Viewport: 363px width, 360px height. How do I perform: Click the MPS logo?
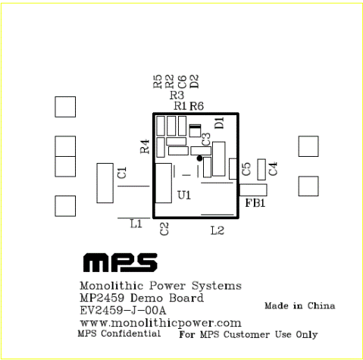[x=120, y=263]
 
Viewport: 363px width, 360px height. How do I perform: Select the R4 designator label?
[x=145, y=146]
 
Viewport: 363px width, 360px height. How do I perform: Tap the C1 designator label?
[x=122, y=173]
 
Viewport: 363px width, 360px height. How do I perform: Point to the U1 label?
[x=184, y=196]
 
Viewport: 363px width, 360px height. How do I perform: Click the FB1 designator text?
[x=255, y=203]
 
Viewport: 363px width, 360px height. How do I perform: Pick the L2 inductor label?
[x=217, y=230]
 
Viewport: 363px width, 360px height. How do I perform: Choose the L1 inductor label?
[x=136, y=224]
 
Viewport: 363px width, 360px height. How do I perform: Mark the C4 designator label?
[x=273, y=169]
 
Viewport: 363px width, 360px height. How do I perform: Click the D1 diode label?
[x=220, y=123]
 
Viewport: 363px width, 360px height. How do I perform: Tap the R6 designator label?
[x=197, y=106]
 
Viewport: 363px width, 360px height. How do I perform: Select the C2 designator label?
[x=164, y=229]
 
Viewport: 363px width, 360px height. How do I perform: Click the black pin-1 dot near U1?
[x=199, y=158]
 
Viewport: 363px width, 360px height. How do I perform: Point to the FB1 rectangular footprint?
[x=253, y=190]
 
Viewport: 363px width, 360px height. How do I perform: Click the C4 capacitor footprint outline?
[x=261, y=170]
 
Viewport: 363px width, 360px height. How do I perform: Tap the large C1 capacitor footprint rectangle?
[x=105, y=183]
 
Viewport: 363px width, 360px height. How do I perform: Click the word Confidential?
[x=131, y=333]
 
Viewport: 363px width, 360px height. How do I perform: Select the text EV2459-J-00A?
[x=123, y=311]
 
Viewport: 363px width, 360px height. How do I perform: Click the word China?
[x=321, y=305]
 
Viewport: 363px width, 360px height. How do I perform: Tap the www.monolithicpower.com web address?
[x=161, y=324]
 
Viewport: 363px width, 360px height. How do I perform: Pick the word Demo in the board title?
[x=146, y=298]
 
